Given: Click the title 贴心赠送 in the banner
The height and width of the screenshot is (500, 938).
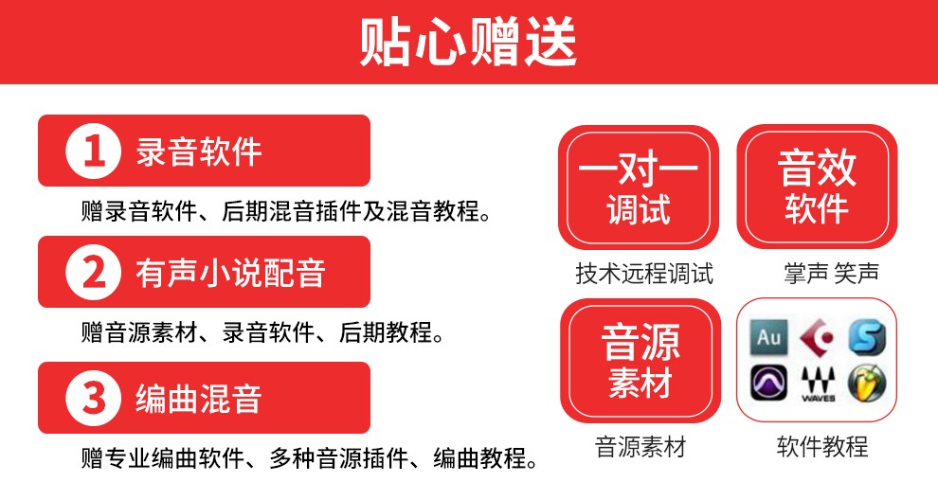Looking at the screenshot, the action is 468,42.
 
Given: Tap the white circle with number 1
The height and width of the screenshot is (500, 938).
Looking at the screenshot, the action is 93,151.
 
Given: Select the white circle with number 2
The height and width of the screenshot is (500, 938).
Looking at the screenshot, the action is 93,272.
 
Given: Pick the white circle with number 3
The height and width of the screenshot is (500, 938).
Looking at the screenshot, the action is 93,398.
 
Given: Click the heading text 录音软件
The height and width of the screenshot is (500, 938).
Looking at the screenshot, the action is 199,152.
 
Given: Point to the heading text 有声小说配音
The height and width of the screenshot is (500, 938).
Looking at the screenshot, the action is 230,273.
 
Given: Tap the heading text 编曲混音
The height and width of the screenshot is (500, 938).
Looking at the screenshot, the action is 199,399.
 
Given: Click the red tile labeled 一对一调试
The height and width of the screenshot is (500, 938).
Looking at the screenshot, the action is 639,187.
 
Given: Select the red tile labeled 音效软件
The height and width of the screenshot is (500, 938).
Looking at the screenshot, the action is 817,187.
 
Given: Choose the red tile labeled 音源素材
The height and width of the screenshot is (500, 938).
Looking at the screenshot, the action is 640,361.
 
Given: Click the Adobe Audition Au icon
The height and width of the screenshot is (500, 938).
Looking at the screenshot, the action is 768,337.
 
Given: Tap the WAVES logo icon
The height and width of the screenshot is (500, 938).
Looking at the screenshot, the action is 818,384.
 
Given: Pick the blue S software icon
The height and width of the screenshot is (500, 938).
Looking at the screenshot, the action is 867,337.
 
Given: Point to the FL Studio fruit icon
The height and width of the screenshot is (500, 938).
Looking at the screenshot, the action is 867,383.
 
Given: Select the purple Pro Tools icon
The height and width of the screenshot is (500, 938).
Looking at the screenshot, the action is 768,383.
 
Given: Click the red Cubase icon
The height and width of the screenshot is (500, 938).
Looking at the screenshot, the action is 818,337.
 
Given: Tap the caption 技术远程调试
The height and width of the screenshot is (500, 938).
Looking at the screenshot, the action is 644,274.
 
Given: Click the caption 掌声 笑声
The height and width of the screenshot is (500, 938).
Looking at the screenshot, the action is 832,274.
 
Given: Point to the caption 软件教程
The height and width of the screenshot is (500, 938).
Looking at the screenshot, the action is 822,447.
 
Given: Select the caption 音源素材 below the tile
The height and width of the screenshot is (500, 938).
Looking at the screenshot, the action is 640,447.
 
